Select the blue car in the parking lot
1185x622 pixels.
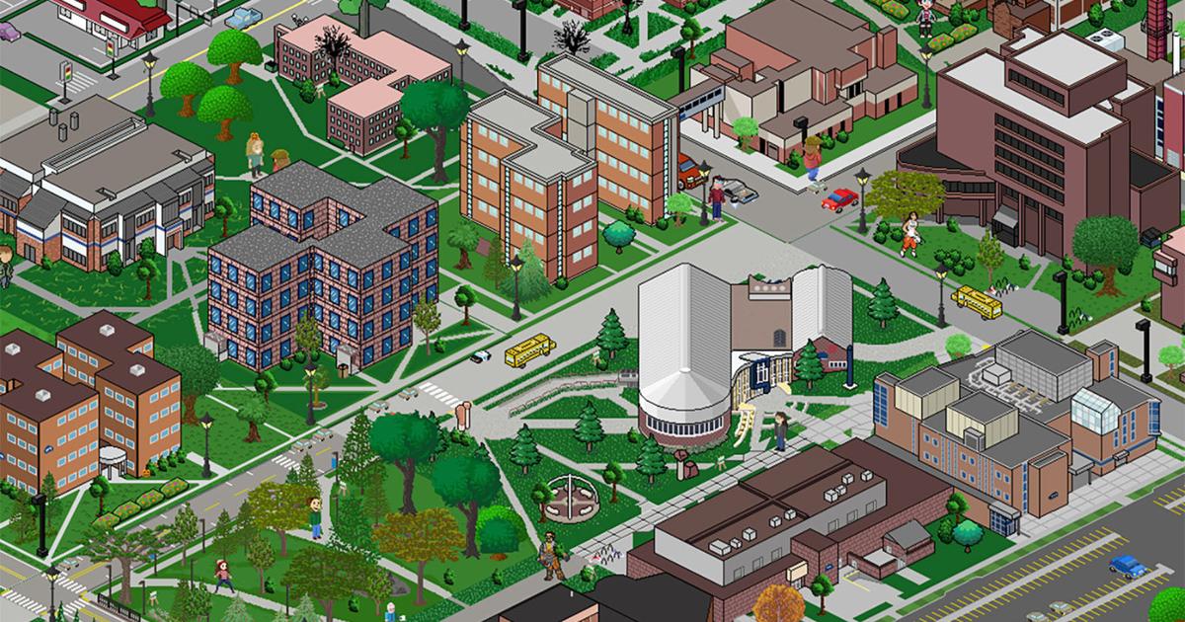click(x=1127, y=566)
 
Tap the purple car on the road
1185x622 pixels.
click(x=8, y=32)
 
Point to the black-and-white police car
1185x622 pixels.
click(x=481, y=355)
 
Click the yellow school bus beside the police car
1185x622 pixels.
click(x=529, y=349)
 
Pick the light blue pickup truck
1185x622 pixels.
click(x=241, y=17)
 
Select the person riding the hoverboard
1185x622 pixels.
click(x=812, y=161)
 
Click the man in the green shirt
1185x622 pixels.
click(x=315, y=515)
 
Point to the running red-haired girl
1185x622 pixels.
click(x=224, y=576)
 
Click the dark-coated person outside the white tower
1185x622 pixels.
click(x=779, y=430)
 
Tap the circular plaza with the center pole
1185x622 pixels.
click(x=572, y=494)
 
